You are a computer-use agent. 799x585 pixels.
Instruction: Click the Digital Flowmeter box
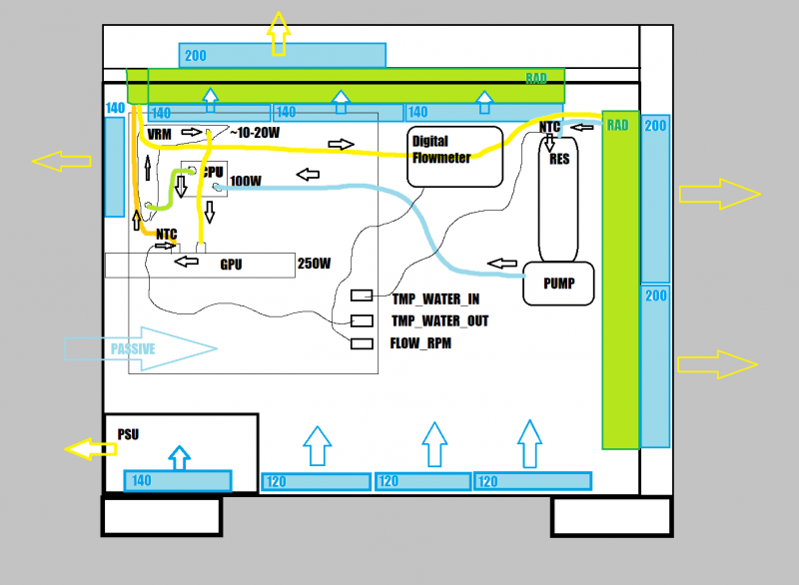pyautogui.click(x=455, y=157)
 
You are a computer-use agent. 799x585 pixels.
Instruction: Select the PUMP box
pyautogui.click(x=558, y=284)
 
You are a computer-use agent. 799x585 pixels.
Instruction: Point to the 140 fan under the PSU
pyautogui.click(x=177, y=480)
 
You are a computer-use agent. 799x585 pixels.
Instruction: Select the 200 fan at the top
pyautogui.click(x=282, y=56)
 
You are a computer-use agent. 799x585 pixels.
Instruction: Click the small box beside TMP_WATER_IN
pyautogui.click(x=362, y=296)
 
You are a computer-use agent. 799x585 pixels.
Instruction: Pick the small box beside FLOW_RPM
pyautogui.click(x=362, y=343)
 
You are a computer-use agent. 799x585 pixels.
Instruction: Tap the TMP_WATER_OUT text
pyautogui.click(x=440, y=320)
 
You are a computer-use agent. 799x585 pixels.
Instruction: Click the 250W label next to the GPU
pyautogui.click(x=314, y=265)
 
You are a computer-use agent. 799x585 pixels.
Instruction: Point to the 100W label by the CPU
pyautogui.click(x=246, y=182)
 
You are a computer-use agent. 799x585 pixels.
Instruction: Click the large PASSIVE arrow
pyautogui.click(x=141, y=348)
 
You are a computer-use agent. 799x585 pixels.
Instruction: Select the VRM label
pyautogui.click(x=159, y=134)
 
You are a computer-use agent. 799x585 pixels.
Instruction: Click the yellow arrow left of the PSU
pyautogui.click(x=91, y=448)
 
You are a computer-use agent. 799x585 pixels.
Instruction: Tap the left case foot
pyautogui.click(x=161, y=516)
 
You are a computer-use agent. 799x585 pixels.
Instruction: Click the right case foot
pyautogui.click(x=611, y=516)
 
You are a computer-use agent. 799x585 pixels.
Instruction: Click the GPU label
pyautogui.click(x=231, y=266)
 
